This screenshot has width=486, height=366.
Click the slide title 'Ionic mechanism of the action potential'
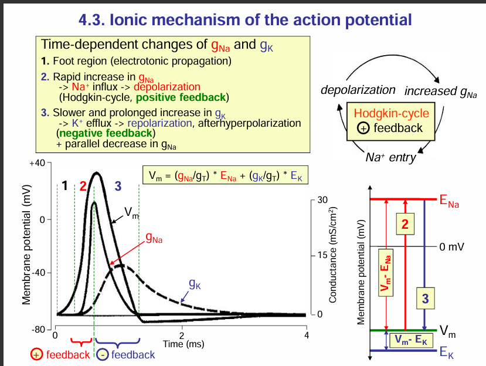[x=244, y=19]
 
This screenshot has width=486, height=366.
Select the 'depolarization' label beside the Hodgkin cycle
[x=359, y=90]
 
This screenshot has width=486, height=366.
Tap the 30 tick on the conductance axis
[x=322, y=200]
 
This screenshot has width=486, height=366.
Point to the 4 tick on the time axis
[x=307, y=335]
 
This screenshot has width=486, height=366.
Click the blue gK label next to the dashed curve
[x=195, y=285]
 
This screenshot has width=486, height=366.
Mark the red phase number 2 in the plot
[x=83, y=187]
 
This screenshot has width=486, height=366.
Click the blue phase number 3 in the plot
[x=118, y=187]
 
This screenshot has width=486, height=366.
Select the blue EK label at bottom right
[x=447, y=354]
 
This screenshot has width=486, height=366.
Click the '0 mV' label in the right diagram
[x=452, y=246]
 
